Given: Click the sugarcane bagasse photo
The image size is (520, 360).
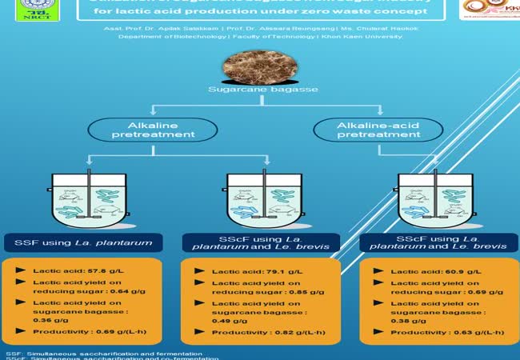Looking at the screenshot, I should click(x=260, y=70).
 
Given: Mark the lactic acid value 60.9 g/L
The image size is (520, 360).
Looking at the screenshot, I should click(x=441, y=273).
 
